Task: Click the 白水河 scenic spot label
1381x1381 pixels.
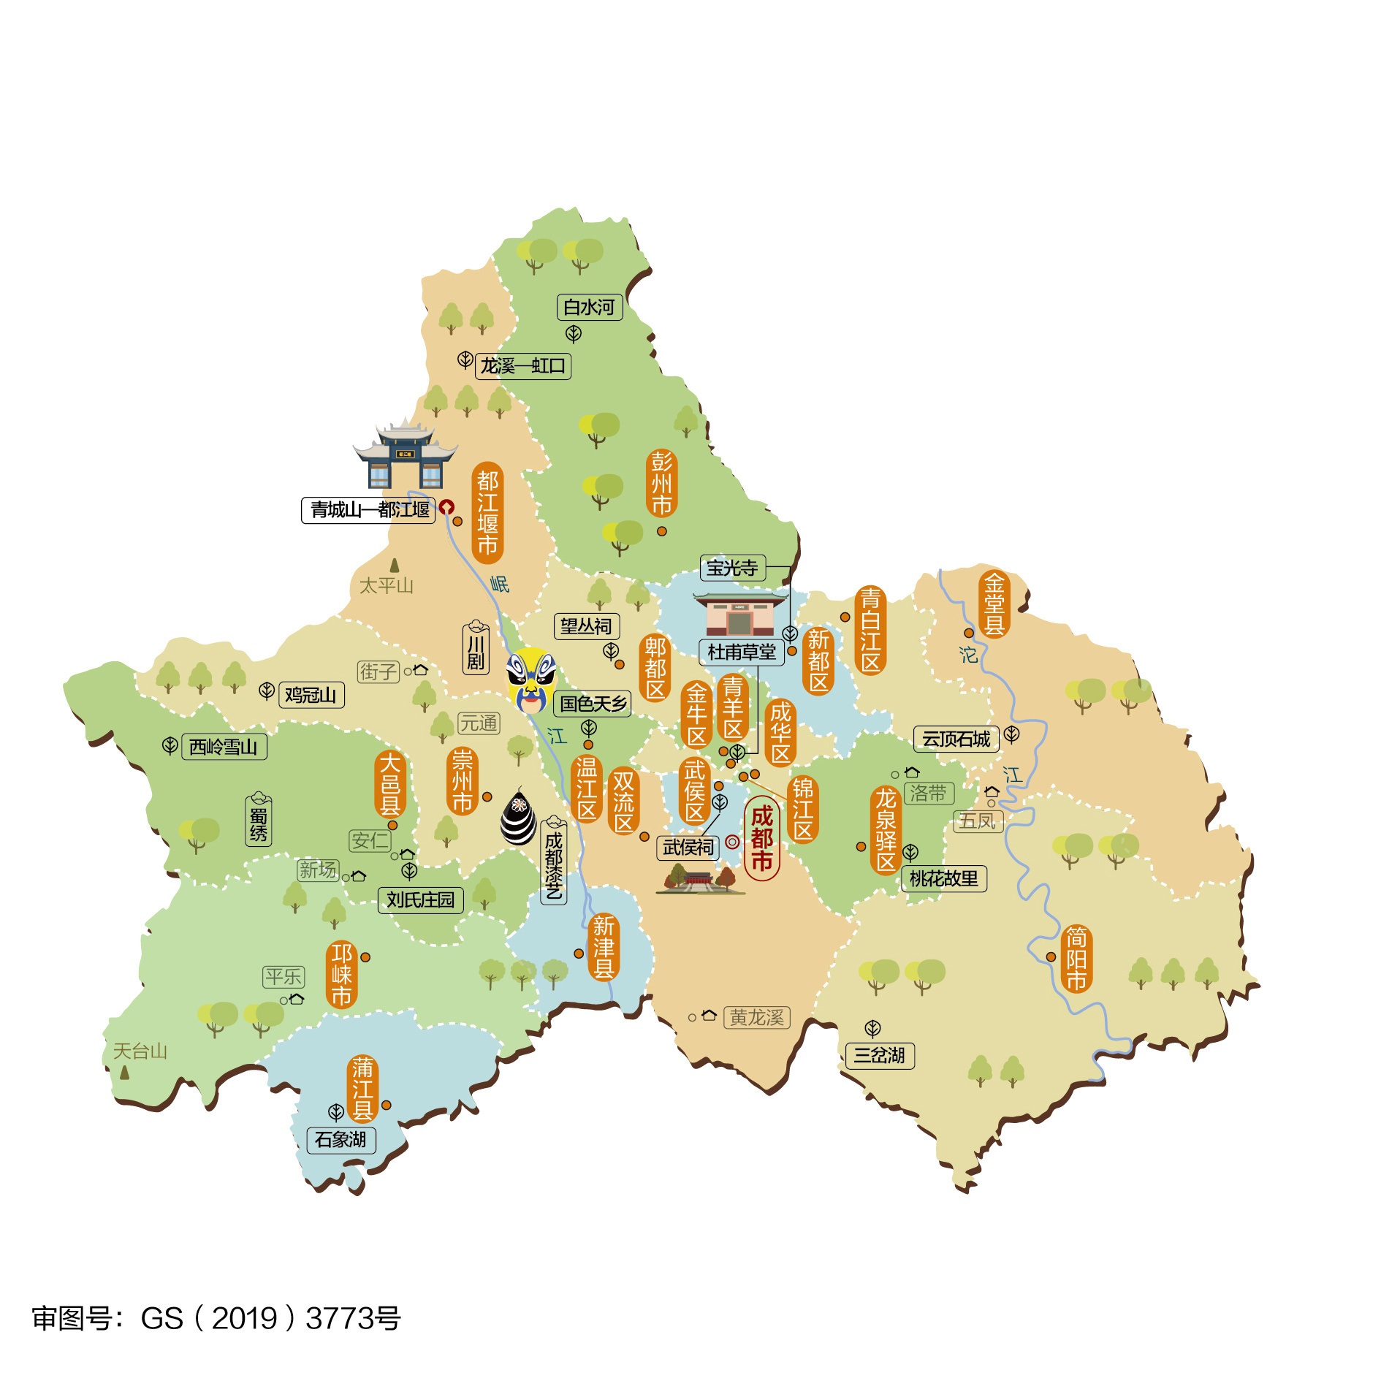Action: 589,307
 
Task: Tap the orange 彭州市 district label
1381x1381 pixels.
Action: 661,484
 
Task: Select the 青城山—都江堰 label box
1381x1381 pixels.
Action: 369,509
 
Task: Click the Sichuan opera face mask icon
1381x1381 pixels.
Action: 531,680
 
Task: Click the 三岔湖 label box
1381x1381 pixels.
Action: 879,1055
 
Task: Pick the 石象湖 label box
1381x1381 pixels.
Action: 341,1139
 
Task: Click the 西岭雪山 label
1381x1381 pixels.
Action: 224,747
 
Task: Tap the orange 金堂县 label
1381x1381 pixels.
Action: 994,604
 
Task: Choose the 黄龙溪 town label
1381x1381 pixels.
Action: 756,1017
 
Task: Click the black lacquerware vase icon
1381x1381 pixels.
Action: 518,817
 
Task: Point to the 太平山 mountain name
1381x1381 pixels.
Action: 386,585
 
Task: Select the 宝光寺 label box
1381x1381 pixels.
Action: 732,568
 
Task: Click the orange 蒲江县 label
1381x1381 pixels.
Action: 362,1089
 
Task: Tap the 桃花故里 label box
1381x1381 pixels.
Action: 943,878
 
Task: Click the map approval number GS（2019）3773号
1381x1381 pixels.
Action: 216,1318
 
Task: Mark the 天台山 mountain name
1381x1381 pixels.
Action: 140,1051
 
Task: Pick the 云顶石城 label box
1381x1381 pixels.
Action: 956,739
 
